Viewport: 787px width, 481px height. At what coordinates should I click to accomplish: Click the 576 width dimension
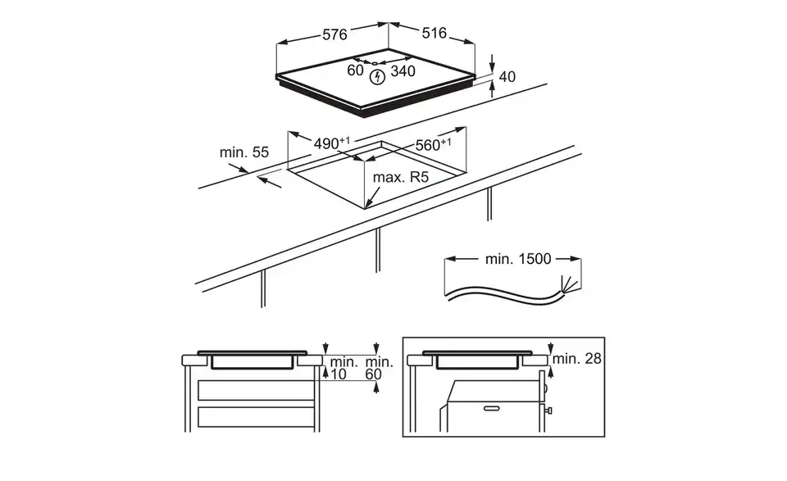tap(334, 34)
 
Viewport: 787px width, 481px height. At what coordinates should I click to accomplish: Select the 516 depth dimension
tap(434, 33)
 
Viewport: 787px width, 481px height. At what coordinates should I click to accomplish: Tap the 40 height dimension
tap(507, 77)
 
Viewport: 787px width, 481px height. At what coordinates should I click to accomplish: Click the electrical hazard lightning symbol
tap(377, 77)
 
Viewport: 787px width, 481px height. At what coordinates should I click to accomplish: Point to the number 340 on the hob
tap(403, 71)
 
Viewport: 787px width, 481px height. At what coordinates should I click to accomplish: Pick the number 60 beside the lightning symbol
tap(355, 70)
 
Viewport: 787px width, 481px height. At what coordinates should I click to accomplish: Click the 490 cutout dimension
tap(332, 143)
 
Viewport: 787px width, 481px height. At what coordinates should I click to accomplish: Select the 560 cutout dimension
tap(433, 144)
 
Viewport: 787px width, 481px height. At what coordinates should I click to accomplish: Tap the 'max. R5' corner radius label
tap(401, 177)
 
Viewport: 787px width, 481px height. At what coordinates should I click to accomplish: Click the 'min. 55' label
tap(244, 152)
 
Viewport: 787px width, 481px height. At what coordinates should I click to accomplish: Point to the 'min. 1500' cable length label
tap(518, 259)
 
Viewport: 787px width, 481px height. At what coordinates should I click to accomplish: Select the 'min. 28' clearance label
tap(576, 359)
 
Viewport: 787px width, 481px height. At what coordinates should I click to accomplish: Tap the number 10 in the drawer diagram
tap(339, 374)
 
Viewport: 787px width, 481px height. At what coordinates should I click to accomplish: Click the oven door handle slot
tap(492, 408)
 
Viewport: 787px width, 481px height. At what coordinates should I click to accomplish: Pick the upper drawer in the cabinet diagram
tap(256, 390)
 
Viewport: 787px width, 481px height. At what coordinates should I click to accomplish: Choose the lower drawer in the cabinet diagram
tap(256, 417)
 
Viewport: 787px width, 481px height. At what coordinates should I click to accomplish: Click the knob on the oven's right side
tap(548, 411)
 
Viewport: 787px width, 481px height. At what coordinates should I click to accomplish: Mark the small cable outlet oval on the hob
tap(375, 63)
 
